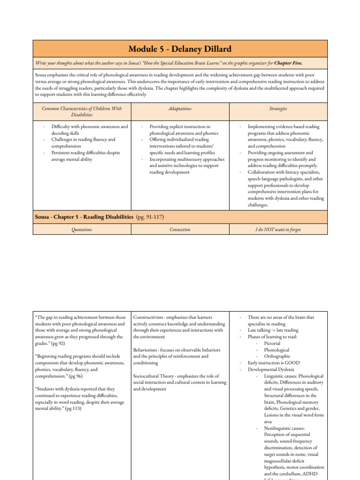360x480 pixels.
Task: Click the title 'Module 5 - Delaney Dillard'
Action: [180, 49]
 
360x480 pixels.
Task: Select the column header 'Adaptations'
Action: [180, 108]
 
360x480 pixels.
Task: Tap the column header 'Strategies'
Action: [278, 108]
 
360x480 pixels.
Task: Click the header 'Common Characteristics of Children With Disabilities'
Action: [82, 112]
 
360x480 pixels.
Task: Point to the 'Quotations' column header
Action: [82, 229]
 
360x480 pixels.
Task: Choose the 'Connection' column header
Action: [180, 229]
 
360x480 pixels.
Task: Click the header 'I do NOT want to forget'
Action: [278, 229]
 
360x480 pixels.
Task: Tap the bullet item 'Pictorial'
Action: [273, 343]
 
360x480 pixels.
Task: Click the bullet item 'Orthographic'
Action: [278, 356]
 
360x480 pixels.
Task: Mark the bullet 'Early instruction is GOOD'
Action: [273, 363]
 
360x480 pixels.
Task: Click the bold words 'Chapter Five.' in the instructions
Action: [288, 63]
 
